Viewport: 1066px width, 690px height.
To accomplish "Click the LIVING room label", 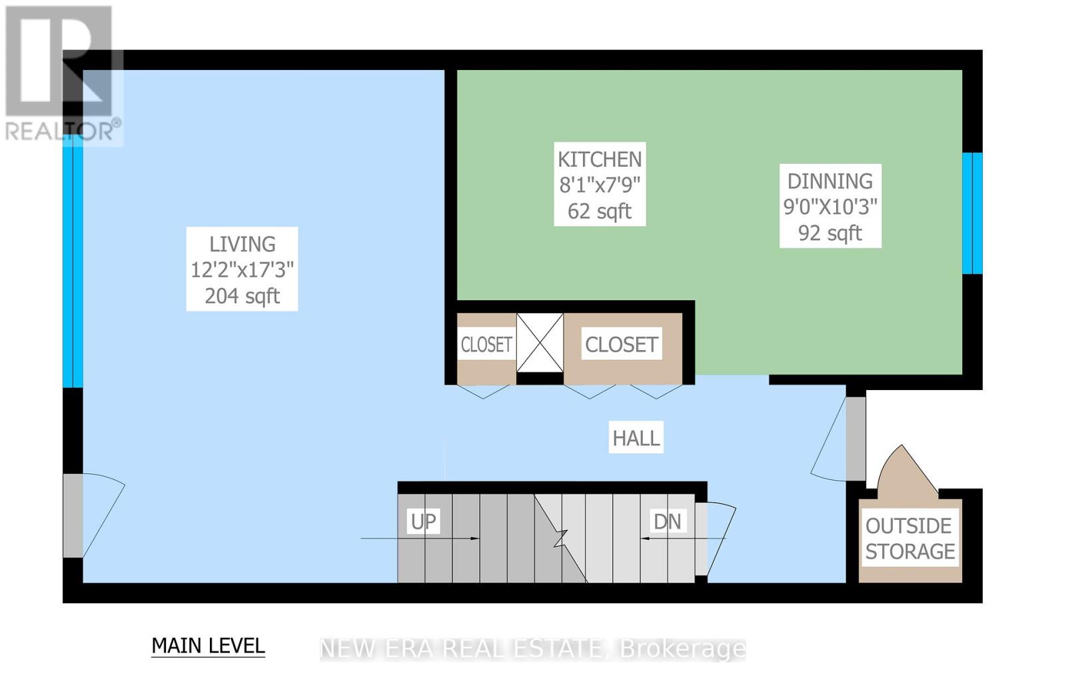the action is (x=243, y=244).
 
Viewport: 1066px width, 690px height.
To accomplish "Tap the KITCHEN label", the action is (x=600, y=159).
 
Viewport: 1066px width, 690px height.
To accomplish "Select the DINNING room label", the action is (x=830, y=181).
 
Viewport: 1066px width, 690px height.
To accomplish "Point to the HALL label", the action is (x=636, y=438).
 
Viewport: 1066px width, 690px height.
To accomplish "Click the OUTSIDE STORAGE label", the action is (x=910, y=539).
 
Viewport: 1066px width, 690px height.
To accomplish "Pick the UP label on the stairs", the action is (x=423, y=521).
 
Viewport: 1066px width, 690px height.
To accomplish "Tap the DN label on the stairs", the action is (x=667, y=522).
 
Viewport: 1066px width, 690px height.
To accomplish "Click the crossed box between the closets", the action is (x=540, y=343).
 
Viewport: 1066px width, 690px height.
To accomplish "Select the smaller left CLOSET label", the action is (x=486, y=344).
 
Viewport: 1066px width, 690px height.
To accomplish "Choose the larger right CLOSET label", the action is (x=621, y=344).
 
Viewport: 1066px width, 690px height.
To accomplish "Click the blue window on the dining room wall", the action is (x=972, y=213).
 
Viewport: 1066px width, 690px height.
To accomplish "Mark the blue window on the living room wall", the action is (x=73, y=261).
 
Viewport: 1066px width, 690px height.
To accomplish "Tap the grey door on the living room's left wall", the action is (x=73, y=515).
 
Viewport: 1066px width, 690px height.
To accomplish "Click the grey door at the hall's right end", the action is (x=855, y=439).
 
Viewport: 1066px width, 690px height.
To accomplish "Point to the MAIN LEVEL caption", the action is (x=208, y=646).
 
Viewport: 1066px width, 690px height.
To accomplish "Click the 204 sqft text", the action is (x=243, y=296).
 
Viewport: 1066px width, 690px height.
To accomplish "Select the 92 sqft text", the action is (x=830, y=233).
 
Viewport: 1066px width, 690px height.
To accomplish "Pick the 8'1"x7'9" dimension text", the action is (x=600, y=185).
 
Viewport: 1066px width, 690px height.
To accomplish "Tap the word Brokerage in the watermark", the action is (x=683, y=649).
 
